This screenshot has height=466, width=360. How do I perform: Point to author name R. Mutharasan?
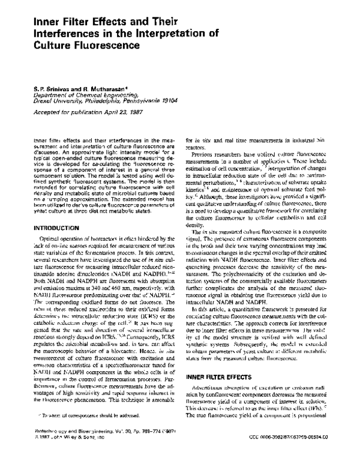click(x=96, y=88)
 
